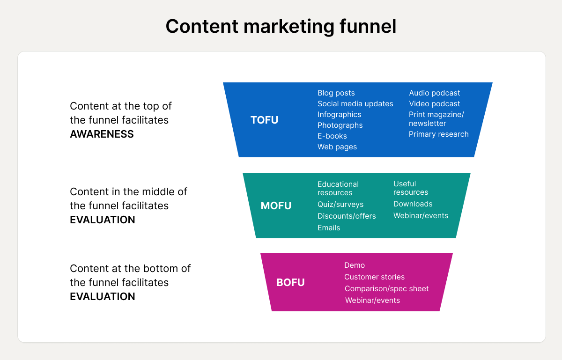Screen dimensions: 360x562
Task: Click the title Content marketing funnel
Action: (281, 26)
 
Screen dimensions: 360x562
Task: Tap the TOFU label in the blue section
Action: (264, 120)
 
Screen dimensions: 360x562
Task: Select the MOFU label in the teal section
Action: (276, 206)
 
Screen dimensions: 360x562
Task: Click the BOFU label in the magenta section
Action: (290, 282)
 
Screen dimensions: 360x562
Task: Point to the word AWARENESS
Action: (102, 134)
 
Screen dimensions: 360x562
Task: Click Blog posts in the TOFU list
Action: (336, 93)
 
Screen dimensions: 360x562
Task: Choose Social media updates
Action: (355, 104)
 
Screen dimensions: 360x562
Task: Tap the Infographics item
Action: (339, 115)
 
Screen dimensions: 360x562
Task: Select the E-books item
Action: (332, 136)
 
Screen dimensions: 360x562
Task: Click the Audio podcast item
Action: (434, 93)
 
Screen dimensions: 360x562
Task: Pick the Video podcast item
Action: (434, 104)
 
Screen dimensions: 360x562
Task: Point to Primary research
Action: (438, 134)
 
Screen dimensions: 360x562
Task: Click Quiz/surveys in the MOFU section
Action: (340, 205)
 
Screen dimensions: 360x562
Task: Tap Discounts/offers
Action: (347, 216)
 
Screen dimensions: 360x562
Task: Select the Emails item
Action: (328, 228)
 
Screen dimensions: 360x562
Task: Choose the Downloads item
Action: (413, 204)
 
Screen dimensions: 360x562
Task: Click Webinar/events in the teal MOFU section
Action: (421, 216)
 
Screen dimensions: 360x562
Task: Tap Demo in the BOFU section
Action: (354, 265)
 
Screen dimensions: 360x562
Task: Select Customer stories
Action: (374, 277)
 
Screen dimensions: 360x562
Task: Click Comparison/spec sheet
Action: (386, 289)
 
